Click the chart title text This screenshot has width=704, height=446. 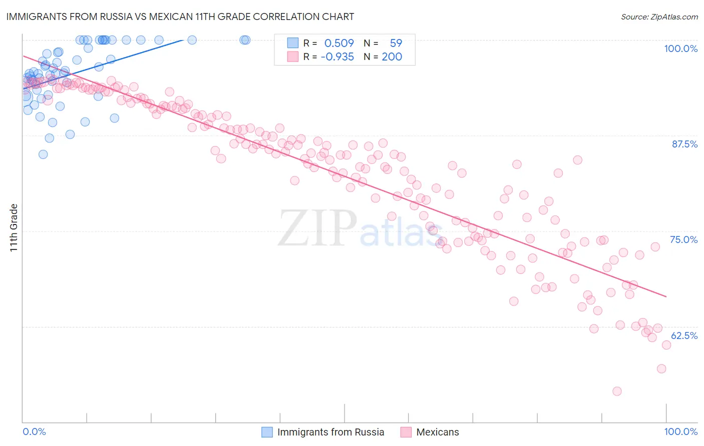tap(180, 16)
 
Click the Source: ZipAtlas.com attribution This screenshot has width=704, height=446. tap(659, 16)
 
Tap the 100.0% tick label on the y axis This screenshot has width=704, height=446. tap(680, 48)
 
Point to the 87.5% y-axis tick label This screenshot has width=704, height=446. tap(684, 144)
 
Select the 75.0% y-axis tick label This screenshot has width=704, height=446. tap(683, 239)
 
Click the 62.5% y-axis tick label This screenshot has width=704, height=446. tap(684, 335)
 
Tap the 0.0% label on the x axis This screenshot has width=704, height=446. tap(34, 431)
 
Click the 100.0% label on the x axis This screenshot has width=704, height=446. tap(680, 431)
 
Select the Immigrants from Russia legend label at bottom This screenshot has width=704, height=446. tap(330, 432)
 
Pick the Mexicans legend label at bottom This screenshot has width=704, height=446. tap(437, 432)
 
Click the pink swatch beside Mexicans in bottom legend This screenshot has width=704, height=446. tap(406, 432)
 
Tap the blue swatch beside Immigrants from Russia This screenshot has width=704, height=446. tap(267, 432)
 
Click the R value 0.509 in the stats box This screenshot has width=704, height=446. tap(339, 43)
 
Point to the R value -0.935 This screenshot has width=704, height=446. tap(337, 57)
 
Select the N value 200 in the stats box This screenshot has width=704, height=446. tap(392, 57)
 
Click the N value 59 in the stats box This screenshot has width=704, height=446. tap(396, 43)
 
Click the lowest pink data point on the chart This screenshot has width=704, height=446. tap(617, 391)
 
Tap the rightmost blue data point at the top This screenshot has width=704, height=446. tap(245, 40)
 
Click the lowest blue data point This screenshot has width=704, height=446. tap(43, 154)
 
